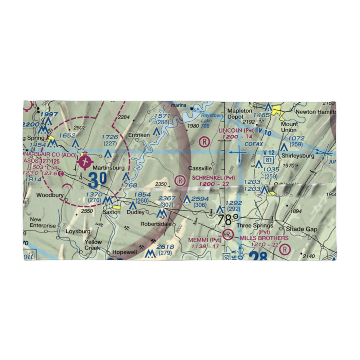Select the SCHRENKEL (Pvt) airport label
pos(213,178)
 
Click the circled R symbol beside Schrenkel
pos(180,179)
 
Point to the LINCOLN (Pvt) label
pos(237,130)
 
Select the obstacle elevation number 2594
pos(200,199)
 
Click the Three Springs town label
pos(255,226)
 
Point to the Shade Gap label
pos(302,229)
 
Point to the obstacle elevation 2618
pos(165,247)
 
